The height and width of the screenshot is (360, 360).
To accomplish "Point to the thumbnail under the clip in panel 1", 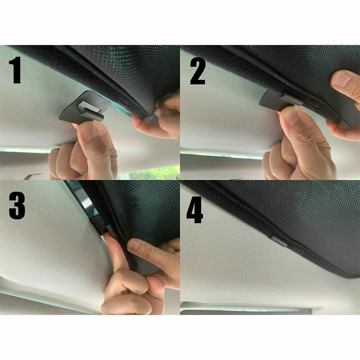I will pos(89,131).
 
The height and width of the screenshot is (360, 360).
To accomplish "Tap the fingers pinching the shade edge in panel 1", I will pos(158,115).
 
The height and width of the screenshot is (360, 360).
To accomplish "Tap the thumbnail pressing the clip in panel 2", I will pos(290,116).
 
